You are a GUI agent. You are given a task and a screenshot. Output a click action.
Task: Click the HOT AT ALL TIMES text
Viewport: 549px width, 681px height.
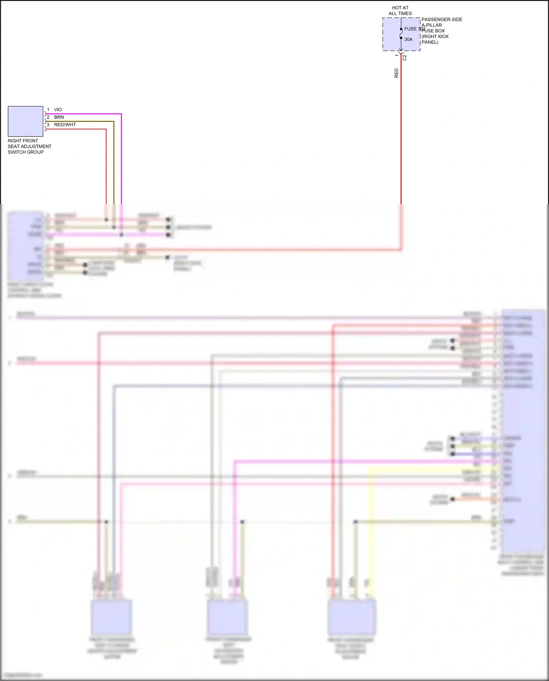pyautogui.click(x=400, y=11)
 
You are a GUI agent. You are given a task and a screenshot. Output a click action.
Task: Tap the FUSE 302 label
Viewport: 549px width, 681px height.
pyautogui.click(x=414, y=29)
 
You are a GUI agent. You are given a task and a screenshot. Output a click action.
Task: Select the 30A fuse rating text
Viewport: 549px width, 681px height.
pyautogui.click(x=408, y=40)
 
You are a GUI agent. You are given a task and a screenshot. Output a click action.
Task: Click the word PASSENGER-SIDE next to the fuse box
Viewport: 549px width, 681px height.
pyautogui.click(x=442, y=19)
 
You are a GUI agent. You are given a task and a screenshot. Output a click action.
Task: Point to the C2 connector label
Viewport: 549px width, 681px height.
pyautogui.click(x=404, y=58)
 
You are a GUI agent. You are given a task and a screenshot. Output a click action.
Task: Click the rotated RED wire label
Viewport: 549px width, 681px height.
pyautogui.click(x=396, y=73)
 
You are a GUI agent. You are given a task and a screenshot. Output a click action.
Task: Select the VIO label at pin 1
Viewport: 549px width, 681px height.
pyautogui.click(x=58, y=110)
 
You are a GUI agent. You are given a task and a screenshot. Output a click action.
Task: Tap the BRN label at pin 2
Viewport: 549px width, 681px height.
pyautogui.click(x=59, y=117)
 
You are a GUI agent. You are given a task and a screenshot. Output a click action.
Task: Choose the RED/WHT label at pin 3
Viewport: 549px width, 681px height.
pyautogui.click(x=65, y=125)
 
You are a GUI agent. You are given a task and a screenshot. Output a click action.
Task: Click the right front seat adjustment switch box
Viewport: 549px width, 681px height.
pyautogui.click(x=26, y=121)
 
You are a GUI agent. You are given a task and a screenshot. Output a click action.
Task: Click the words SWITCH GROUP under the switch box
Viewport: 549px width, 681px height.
pyautogui.click(x=26, y=152)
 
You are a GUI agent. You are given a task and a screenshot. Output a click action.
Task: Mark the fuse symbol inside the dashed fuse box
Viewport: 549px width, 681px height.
pyautogui.click(x=401, y=34)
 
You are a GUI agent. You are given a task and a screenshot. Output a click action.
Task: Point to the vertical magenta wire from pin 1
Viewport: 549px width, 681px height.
pyautogui.click(x=121, y=161)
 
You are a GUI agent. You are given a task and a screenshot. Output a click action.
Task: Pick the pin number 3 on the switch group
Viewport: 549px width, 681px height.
pyautogui.click(x=48, y=125)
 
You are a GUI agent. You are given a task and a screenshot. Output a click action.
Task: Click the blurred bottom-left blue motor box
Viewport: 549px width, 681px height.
pyautogui.click(x=111, y=618)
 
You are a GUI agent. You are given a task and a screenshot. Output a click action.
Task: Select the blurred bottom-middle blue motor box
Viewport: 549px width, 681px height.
pyautogui.click(x=228, y=618)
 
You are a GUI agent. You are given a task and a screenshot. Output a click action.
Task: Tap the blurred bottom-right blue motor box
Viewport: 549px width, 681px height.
pyautogui.click(x=352, y=618)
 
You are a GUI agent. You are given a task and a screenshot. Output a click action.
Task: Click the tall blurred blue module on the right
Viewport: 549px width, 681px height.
pyautogui.click(x=523, y=432)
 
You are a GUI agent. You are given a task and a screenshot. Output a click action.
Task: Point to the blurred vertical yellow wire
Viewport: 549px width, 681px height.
pyautogui.click(x=370, y=531)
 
